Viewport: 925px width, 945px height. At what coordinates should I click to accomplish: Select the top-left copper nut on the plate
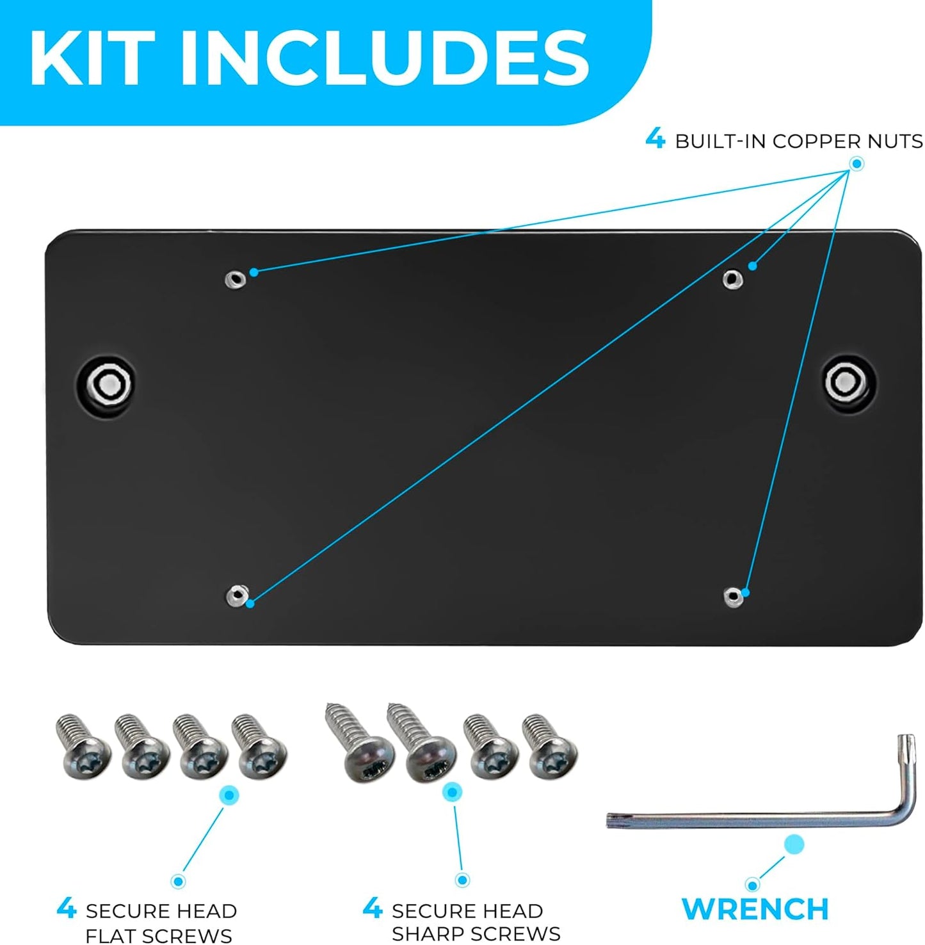[236, 279]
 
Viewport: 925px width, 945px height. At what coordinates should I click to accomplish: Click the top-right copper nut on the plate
[732, 279]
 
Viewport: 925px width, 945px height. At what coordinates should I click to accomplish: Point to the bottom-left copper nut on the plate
[237, 595]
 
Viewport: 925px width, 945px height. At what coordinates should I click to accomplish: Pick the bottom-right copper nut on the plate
[734, 597]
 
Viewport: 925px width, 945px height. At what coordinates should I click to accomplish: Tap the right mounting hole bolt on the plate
[848, 382]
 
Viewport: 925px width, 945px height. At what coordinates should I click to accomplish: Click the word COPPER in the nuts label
[820, 141]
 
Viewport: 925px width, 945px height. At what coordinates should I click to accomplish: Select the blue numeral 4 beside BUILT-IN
[655, 138]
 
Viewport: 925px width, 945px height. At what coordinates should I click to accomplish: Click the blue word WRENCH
[755, 909]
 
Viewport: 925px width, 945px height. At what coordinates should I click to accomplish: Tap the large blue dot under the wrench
[794, 844]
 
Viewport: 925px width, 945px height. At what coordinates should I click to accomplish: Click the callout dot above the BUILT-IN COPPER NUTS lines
[857, 165]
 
